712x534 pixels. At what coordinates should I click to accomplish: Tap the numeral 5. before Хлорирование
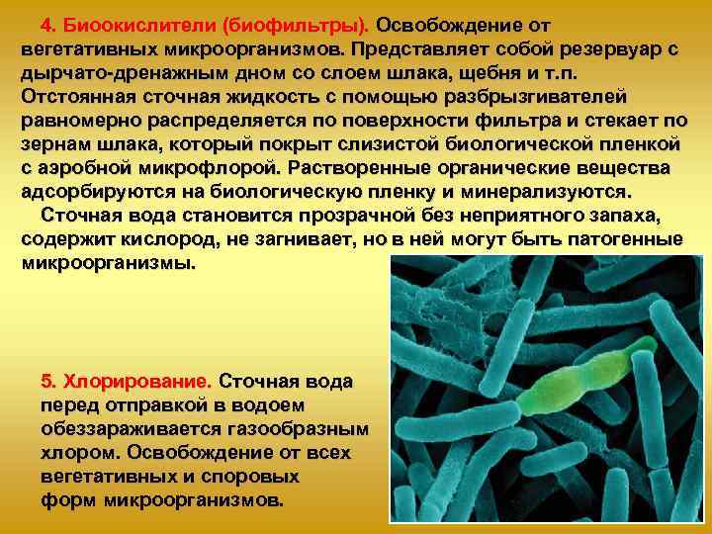49,381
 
